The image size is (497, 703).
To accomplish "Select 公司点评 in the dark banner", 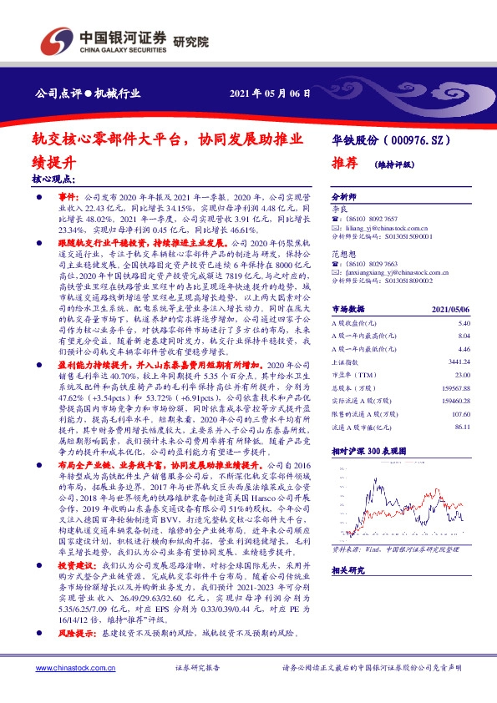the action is (x=56, y=94).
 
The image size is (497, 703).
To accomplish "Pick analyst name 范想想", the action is (x=343, y=254).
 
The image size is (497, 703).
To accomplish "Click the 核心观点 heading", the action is (x=53, y=180).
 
